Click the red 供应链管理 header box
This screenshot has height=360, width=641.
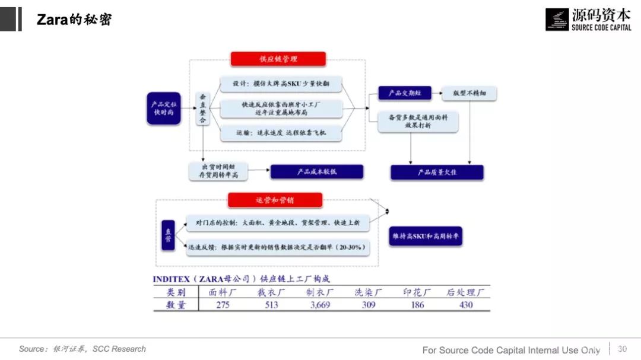[x=278, y=59]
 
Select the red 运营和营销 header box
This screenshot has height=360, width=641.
[x=275, y=200]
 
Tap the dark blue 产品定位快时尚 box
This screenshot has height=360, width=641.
[x=163, y=108]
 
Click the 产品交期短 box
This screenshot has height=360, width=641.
[x=404, y=93]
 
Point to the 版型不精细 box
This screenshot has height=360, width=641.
[x=469, y=93]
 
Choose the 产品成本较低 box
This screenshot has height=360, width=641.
[x=316, y=172]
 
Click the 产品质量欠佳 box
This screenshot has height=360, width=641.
[x=437, y=172]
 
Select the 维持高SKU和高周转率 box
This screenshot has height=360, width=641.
[x=426, y=236]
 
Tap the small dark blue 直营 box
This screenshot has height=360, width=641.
[x=168, y=235]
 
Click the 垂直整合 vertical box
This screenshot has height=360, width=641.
[x=203, y=108]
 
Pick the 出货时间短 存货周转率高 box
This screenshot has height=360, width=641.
[x=218, y=171]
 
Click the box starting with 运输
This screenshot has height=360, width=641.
[x=282, y=133]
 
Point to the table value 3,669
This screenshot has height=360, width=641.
[x=320, y=305]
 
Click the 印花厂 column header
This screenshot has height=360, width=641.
[x=417, y=292]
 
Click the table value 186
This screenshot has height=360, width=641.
[x=417, y=305]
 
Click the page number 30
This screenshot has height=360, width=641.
[x=622, y=349]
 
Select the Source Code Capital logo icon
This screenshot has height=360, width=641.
[x=557, y=20]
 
